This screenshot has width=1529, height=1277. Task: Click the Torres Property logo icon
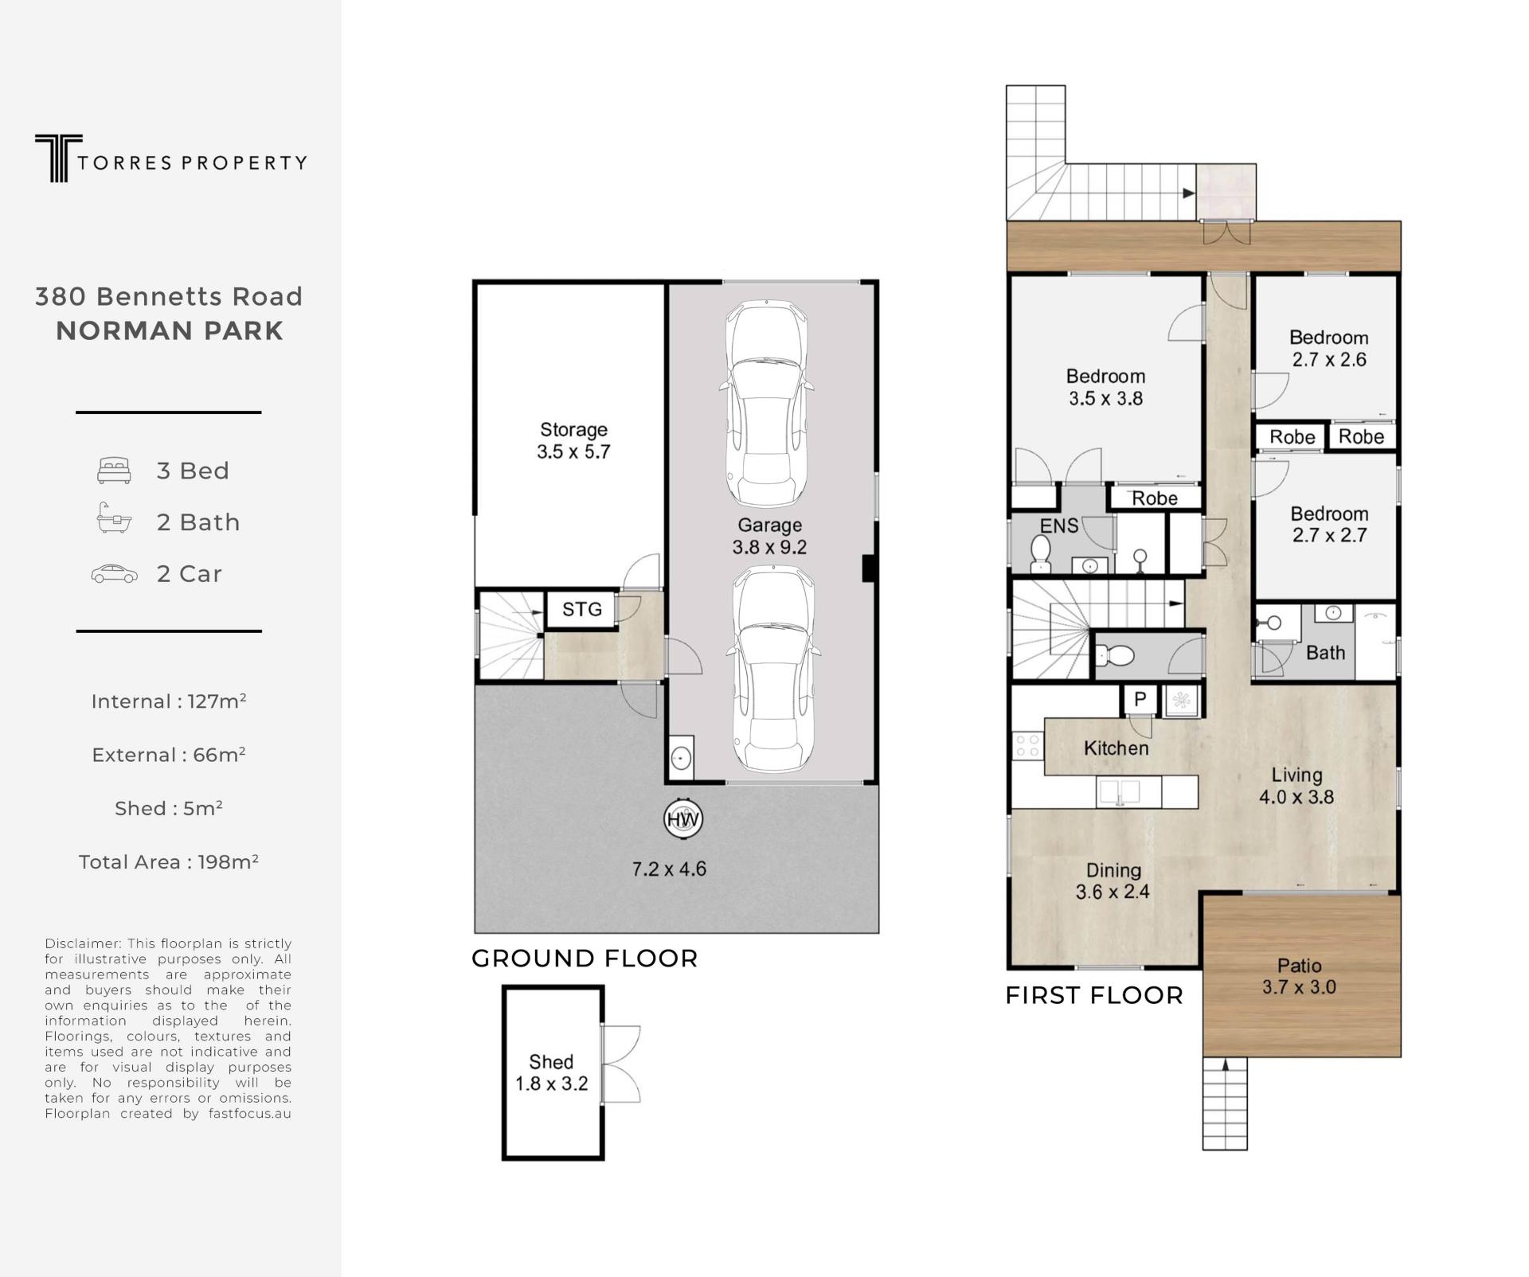58,158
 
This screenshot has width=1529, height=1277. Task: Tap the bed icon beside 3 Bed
114,471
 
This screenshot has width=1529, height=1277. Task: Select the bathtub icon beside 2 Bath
114,517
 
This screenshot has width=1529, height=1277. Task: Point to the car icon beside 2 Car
115,573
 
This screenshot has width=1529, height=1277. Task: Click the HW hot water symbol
683,818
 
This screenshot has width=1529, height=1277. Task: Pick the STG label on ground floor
582,610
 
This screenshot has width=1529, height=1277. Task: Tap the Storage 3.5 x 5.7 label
573,440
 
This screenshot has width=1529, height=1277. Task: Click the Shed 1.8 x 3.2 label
551,1072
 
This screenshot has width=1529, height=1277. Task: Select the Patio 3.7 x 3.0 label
1300,976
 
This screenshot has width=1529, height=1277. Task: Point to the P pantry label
1140,699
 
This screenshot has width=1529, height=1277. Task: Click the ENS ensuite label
1059,525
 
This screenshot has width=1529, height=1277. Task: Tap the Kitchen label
1116,748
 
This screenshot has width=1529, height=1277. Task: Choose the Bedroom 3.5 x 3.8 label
1106,387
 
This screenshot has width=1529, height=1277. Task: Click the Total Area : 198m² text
169,861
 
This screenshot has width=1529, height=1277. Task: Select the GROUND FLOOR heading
585,958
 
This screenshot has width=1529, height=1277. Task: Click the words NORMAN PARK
170,330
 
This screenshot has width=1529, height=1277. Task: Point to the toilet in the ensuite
1041,553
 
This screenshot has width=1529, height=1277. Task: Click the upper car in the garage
766,403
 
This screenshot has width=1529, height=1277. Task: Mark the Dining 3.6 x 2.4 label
1113,881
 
